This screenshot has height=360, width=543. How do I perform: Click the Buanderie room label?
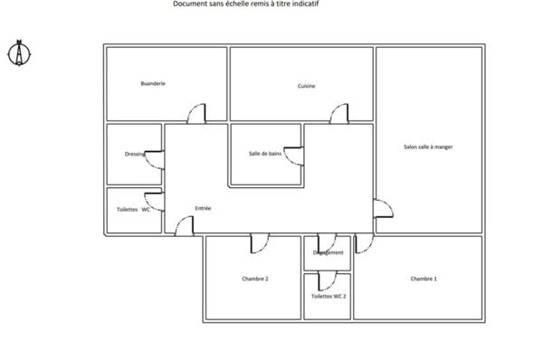153,83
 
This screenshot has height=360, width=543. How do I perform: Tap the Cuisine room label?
306,86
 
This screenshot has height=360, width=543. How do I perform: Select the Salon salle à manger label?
427,147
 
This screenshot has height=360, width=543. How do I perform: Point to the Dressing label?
135,154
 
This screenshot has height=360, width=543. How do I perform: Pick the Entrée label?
203,208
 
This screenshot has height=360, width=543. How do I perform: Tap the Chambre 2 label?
255,279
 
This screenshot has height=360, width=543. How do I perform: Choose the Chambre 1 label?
424,279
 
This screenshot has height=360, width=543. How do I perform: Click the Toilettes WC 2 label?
329,296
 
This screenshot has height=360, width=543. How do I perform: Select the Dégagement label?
329,252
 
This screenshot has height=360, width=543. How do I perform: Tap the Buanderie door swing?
195,115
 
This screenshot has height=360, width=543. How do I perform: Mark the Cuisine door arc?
339,113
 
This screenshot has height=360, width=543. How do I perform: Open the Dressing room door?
155,160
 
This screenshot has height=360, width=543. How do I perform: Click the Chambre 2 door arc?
258,242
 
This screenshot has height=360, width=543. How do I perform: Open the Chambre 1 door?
363,243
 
